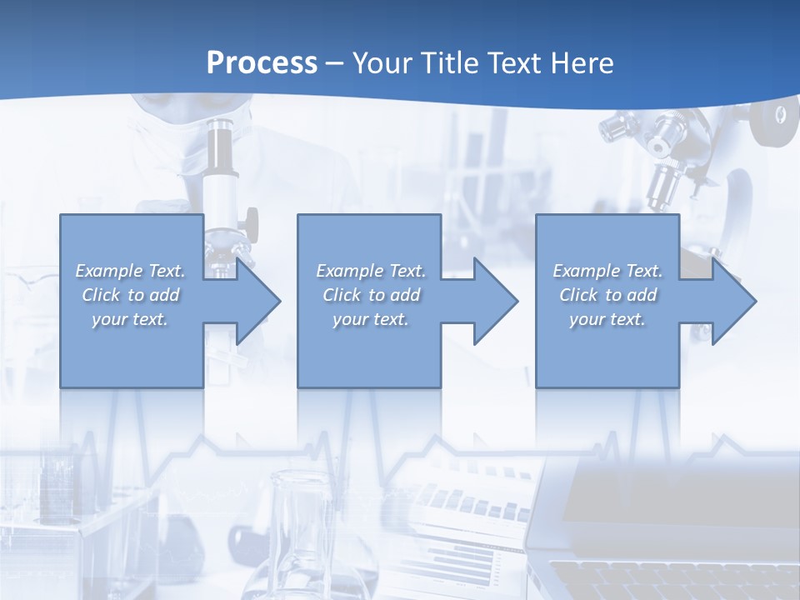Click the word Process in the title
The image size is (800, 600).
point(262,63)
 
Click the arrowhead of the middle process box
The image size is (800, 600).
point(494,301)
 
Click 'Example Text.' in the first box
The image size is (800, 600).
point(131,271)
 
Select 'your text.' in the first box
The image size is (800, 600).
point(131,319)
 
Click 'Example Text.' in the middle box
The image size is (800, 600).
point(371,271)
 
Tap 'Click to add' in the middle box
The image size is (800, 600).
point(371,295)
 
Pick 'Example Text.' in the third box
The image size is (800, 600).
point(607,271)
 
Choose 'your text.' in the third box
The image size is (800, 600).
point(607,319)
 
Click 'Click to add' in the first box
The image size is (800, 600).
point(131,295)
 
